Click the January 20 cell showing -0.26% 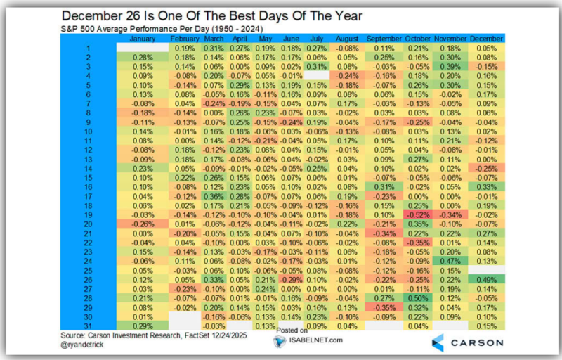coord(143,224)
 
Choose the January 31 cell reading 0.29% coord(143,325)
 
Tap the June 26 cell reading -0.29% coord(290,278)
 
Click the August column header coord(344,38)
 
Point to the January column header coord(143,38)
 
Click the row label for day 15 coord(89,178)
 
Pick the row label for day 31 coord(89,325)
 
